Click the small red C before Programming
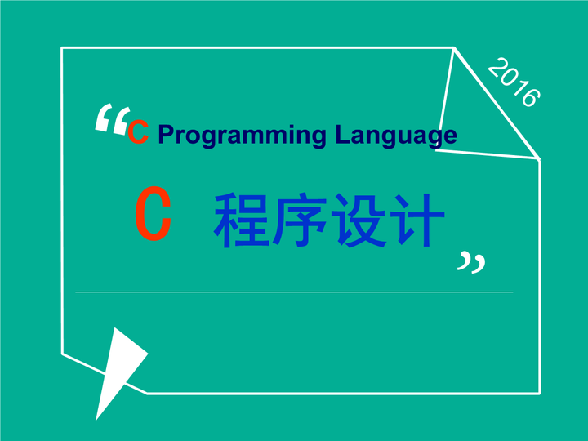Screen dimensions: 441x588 pyautogui.click(x=138, y=133)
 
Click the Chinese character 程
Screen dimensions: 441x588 pyautogui.click(x=242, y=220)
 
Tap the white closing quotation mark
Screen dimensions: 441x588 pyautogui.click(x=470, y=262)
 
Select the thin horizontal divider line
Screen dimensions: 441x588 pyautogui.click(x=294, y=292)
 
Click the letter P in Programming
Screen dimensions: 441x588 pyautogui.click(x=167, y=135)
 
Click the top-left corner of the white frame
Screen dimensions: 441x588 pyautogui.click(x=62, y=48)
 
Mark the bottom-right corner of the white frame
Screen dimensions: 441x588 pyautogui.click(x=539, y=393)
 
